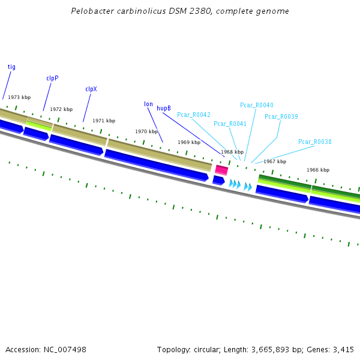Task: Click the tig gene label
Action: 11,67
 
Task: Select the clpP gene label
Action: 52,78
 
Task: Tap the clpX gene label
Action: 91,89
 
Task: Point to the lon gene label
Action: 148,104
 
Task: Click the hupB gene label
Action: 164,109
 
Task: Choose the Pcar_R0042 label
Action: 193,115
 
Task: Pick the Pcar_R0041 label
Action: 230,124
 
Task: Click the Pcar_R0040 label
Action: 256,105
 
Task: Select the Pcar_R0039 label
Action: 281,116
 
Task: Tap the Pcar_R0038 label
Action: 314,142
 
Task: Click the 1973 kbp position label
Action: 19,97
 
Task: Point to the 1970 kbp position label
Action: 146,131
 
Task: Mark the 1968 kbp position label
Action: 232,152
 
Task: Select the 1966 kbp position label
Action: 318,170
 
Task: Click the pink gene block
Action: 221,170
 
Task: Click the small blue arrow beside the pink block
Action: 218,179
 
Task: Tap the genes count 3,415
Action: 343,349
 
